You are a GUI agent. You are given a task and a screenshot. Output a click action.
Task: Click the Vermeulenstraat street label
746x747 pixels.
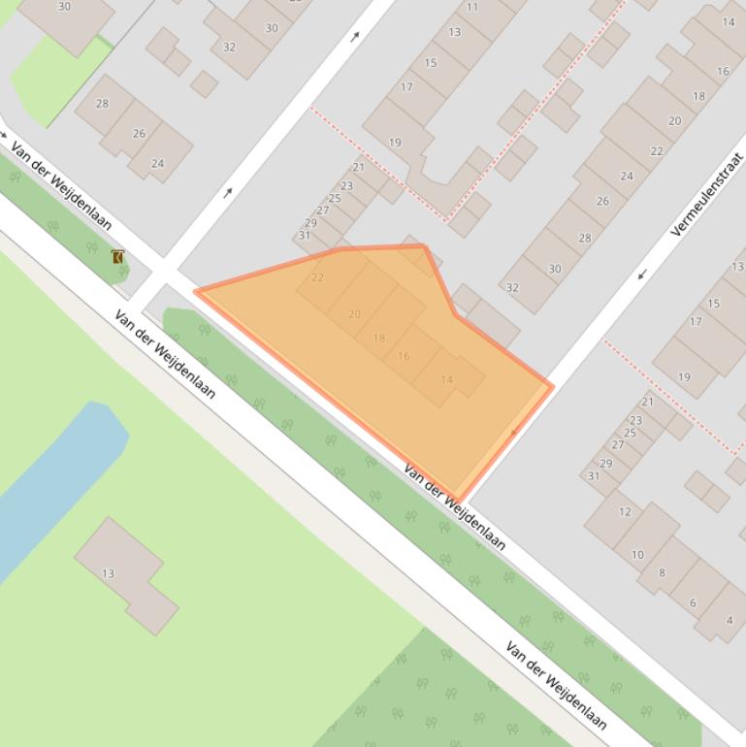[x=707, y=195]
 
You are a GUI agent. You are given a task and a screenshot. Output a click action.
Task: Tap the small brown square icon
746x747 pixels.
[x=117, y=257]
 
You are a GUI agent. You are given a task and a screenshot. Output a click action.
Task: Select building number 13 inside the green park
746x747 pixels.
[x=109, y=573]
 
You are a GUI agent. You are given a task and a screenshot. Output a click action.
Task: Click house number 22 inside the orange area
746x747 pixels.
[x=317, y=278]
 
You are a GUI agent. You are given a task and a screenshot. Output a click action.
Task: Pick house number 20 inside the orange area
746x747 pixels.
[x=354, y=314]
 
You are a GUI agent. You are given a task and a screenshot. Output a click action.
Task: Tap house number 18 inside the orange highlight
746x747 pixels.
[x=379, y=338]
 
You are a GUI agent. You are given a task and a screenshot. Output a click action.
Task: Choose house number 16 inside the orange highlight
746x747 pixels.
[x=404, y=356]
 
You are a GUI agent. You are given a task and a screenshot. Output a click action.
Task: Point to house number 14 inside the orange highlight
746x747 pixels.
[x=446, y=379]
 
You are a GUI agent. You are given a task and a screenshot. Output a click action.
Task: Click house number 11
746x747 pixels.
[x=472, y=7]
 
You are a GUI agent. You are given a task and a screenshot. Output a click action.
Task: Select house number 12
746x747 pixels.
[x=625, y=511]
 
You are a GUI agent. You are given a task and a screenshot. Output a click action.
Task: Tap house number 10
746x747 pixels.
[x=637, y=555]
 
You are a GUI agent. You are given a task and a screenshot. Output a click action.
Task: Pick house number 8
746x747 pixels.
[x=663, y=572]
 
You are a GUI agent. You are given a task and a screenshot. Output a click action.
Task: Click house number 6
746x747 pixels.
[x=693, y=602]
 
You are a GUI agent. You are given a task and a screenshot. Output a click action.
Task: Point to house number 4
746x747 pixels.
[x=730, y=621]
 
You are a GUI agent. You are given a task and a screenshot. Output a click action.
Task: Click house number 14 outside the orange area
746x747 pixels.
[x=729, y=21]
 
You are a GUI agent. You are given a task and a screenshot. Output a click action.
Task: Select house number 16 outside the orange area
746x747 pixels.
[x=723, y=71]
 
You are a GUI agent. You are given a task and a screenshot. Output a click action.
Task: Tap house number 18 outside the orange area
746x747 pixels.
[x=698, y=96]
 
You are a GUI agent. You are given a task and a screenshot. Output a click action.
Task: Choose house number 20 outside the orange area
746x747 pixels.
[x=674, y=121]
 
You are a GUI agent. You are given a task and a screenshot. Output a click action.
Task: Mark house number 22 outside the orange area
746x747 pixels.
[x=657, y=150]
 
